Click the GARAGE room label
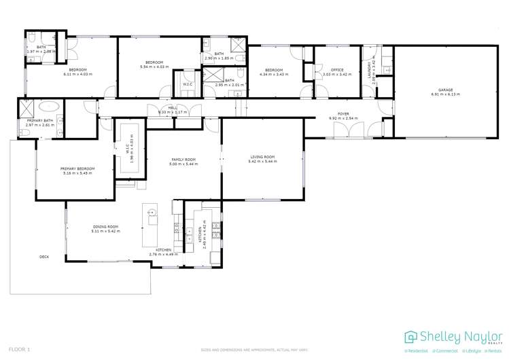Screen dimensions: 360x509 445,90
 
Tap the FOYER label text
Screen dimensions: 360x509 343,114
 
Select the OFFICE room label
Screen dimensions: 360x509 337,69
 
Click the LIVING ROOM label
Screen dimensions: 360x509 262,158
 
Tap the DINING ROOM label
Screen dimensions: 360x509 105,227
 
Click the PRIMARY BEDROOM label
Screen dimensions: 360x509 77,168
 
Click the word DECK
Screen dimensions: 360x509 44,257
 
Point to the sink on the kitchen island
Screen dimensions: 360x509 152,213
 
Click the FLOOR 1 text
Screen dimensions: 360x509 20,348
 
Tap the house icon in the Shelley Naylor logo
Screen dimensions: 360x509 411,337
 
